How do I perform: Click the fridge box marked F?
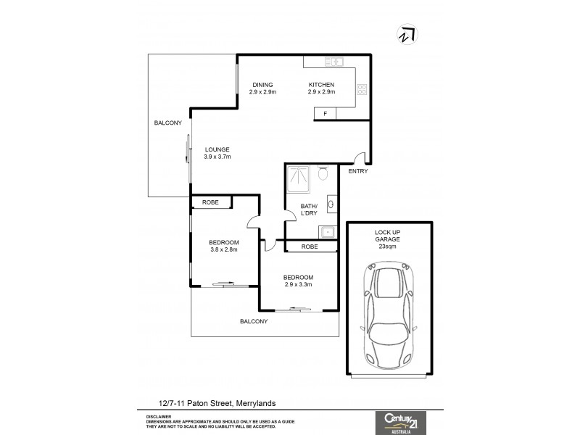coord(325,114)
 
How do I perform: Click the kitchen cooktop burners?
coord(362,91)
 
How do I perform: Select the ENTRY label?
coord(358,172)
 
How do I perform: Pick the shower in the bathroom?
coord(299,179)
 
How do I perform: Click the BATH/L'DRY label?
coord(310,210)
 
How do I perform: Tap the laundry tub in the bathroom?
coord(327,233)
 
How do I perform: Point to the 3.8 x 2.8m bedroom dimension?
coord(223,249)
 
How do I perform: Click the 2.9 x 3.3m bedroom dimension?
coord(298,284)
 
